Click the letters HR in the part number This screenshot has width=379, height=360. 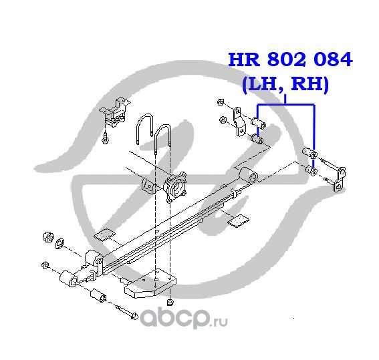click(x=244, y=59)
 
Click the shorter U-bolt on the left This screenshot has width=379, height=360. click(x=144, y=128)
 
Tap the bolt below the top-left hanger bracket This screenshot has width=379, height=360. click(x=105, y=138)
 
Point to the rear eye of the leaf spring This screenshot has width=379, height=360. click(x=249, y=175)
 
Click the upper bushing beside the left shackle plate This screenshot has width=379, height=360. click(x=259, y=122)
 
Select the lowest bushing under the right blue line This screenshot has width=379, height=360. click(x=311, y=170)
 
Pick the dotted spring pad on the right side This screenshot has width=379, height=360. click(x=239, y=220)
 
